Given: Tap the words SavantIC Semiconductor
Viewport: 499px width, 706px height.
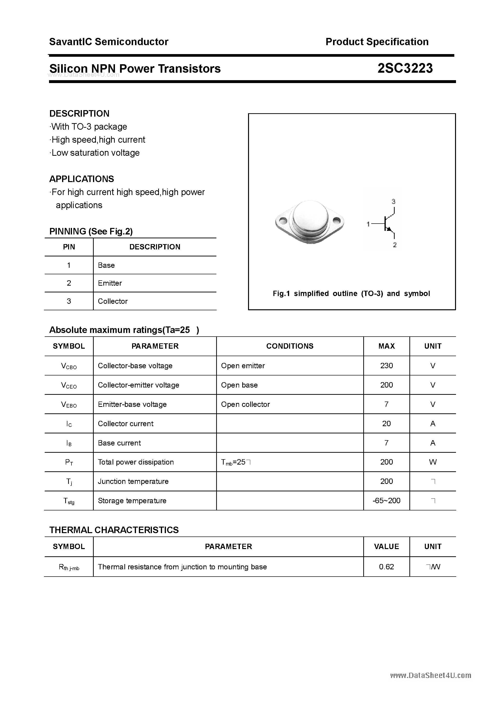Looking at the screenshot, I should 109,42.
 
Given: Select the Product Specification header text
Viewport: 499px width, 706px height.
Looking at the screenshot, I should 377,42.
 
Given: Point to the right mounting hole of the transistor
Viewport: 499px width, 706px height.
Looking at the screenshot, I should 336,220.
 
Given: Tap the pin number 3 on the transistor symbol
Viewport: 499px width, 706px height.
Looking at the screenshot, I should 393,202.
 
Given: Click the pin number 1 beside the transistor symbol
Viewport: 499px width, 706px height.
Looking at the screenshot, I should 368,225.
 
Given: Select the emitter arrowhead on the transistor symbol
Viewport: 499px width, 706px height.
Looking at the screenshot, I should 389,229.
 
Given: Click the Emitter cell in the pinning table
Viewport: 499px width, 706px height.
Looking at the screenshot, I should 110,283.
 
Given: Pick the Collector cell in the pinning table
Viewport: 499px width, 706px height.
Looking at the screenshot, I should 113,301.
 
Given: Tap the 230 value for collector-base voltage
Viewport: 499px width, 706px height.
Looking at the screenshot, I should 386,366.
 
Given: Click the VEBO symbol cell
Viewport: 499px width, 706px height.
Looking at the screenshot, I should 69,405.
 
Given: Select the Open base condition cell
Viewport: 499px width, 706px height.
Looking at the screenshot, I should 239,385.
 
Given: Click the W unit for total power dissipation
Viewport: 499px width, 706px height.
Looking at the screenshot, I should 433,462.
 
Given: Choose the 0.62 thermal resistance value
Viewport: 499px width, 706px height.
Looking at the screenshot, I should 386,567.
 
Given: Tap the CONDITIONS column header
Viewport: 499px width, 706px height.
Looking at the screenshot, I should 290,346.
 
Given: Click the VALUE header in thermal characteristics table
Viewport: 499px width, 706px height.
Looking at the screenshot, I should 386,546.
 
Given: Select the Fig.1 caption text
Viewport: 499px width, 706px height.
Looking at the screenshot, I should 351,294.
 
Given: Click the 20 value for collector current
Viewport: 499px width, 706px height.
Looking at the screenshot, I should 386,424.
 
